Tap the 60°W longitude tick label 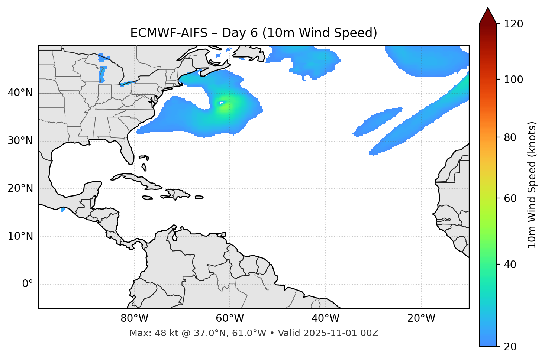click(x=230, y=318)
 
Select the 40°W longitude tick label click(x=325, y=318)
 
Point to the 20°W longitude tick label click(x=421, y=318)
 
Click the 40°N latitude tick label click(x=20, y=93)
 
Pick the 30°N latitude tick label click(x=20, y=141)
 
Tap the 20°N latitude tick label click(x=20, y=188)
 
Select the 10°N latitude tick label click(x=20, y=236)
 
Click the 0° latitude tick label click(x=28, y=284)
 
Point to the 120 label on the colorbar click(x=514, y=24)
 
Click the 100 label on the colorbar click(x=514, y=80)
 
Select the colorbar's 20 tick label click(x=510, y=347)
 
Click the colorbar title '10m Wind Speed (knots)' click(x=532, y=185)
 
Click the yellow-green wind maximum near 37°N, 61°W click(x=224, y=107)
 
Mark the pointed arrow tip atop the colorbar click(x=488, y=8)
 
